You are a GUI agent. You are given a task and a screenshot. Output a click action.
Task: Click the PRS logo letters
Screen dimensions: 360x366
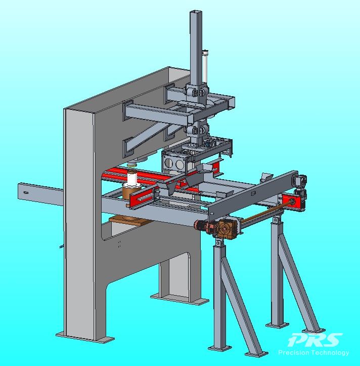[x=315, y=340]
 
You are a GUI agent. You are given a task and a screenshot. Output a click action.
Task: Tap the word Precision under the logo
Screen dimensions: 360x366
[x=294, y=352]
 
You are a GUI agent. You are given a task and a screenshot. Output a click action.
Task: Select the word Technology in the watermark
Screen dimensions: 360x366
[x=330, y=353]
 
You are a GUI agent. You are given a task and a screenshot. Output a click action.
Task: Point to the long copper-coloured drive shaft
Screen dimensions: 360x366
[x=266, y=212]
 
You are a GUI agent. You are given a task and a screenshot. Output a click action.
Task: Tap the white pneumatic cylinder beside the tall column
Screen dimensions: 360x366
[x=205, y=66]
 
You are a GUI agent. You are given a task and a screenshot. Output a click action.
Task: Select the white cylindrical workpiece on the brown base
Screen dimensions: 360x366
[x=133, y=179]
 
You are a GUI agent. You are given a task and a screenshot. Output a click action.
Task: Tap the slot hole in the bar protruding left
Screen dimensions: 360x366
[x=26, y=192]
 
